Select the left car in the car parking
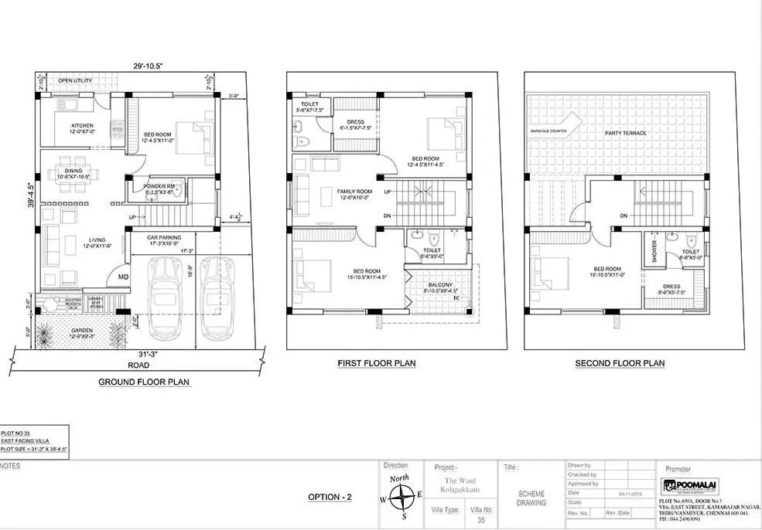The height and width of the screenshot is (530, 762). coord(164,297)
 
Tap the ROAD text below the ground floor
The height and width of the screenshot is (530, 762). coord(139,365)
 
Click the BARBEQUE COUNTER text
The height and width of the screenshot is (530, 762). coord(548,131)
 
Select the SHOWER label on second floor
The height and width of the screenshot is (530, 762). coord(654,250)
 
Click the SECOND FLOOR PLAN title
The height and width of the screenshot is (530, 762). coord(620,363)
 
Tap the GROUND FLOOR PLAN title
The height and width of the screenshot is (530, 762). coord(144,382)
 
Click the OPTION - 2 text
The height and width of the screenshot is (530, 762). coord(330,497)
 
